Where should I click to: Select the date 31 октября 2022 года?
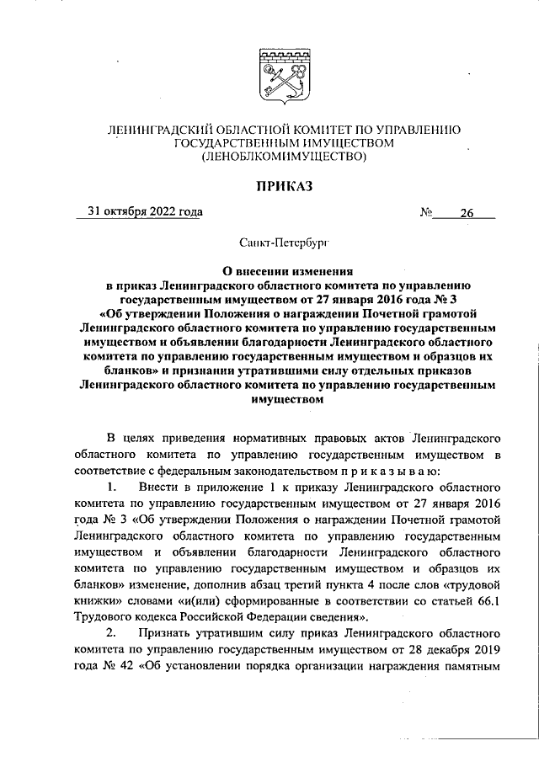tap(140, 211)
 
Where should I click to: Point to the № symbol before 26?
tap(425, 213)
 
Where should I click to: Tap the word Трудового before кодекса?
tap(106, 618)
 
